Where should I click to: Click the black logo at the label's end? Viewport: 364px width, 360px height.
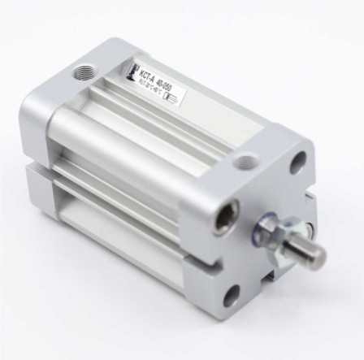(131, 72)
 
